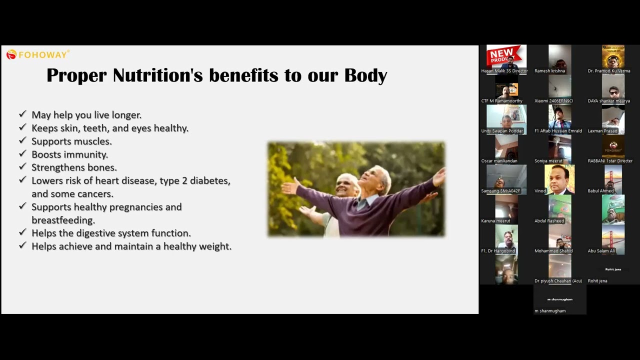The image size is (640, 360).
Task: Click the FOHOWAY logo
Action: pos(37,54)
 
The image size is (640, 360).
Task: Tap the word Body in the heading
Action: pos(365,75)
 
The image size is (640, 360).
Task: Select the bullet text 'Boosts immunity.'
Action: pos(69,154)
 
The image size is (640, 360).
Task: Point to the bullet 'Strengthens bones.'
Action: pos(74,167)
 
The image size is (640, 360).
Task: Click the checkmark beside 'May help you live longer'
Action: pos(22,114)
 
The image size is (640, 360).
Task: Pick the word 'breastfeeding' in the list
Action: pos(63,220)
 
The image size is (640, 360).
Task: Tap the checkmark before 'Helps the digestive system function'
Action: pos(22,232)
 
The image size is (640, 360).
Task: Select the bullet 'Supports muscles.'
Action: pos(71,141)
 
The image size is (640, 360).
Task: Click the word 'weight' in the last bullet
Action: pos(214,246)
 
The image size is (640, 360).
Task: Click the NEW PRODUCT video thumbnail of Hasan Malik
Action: pos(506,56)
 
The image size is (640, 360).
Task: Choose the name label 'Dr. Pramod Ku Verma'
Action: pos(609,71)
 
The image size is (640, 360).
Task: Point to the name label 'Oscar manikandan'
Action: pos(499,161)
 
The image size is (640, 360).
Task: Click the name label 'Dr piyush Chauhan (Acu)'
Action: pos(558,281)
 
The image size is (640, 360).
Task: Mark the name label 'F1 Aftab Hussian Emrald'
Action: pos(558,131)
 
